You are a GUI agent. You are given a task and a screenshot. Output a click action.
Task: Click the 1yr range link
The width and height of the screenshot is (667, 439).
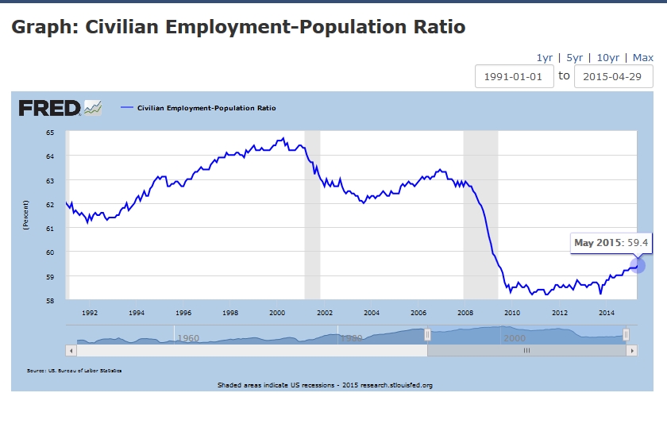[x=544, y=57]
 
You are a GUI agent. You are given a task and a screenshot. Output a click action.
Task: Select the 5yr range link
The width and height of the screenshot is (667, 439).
[x=574, y=57]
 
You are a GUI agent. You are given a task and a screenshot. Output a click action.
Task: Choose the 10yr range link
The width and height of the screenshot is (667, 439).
[x=608, y=57]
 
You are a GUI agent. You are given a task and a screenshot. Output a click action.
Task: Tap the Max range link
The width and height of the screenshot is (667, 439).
[x=643, y=57]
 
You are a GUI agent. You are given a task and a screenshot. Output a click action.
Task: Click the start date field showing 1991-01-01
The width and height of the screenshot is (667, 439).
[x=514, y=76]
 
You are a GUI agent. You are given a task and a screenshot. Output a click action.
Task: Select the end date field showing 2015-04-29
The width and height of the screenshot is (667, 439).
[x=613, y=76]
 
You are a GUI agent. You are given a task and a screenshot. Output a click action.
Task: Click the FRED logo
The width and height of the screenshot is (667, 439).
[x=49, y=108]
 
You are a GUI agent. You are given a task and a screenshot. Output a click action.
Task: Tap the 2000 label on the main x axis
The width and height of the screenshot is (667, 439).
[x=277, y=313]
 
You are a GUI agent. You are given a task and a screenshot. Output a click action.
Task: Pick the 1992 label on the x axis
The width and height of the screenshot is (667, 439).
[x=90, y=313]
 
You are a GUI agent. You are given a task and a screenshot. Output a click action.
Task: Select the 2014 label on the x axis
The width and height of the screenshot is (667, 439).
[x=607, y=313]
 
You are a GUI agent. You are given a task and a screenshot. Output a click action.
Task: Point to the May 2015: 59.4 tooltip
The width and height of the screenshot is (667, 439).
[x=611, y=242]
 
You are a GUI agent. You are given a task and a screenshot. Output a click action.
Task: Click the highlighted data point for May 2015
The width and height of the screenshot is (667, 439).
[x=637, y=265]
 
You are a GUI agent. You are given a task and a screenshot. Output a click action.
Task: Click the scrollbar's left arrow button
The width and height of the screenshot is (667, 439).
[x=71, y=350]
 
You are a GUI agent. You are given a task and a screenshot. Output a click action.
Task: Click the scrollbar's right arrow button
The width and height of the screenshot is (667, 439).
[x=631, y=350]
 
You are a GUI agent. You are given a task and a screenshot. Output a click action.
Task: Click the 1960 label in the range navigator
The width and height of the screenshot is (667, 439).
[x=188, y=338]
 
